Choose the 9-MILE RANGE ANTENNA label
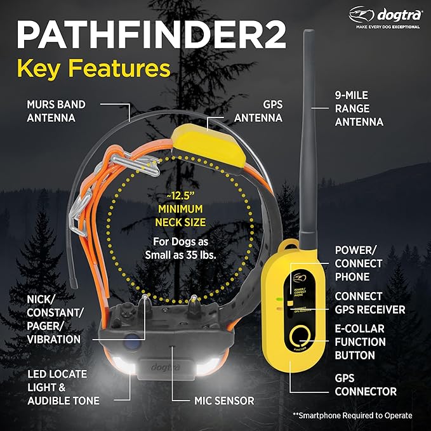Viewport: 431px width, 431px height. [359, 108]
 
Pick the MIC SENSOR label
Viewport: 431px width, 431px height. [223, 401]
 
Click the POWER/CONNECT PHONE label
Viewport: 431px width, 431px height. [359, 263]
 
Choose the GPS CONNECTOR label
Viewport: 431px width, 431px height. [366, 385]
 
